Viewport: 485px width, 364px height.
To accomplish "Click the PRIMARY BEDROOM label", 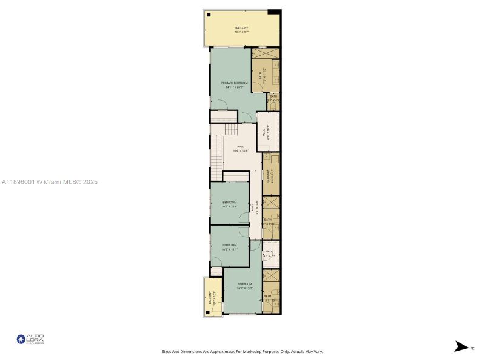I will pyautogui.click(x=233, y=83).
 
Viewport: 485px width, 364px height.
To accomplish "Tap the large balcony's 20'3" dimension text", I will pyautogui.click(x=242, y=32).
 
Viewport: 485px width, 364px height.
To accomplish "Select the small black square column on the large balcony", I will pyautogui.click(x=209, y=15).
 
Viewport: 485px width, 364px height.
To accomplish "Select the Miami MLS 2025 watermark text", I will pyautogui.click(x=49, y=182).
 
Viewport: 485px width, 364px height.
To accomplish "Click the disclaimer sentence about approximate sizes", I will pyautogui.click(x=242, y=351).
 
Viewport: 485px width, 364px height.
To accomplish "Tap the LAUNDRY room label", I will pyautogui.click(x=267, y=176).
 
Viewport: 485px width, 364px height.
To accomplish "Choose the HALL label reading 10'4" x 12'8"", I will pyautogui.click(x=241, y=147).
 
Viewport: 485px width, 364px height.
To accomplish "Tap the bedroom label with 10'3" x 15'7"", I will pyautogui.click(x=244, y=285).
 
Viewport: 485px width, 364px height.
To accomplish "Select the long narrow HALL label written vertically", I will pyautogui.click(x=253, y=208).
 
